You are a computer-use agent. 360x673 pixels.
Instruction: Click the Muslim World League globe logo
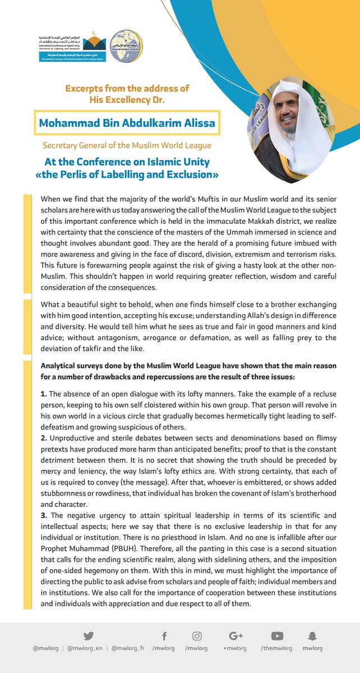126,47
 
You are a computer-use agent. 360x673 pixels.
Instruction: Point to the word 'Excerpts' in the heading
85,89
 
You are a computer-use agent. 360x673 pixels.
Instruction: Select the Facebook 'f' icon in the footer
165,635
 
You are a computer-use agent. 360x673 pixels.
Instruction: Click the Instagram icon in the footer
197,635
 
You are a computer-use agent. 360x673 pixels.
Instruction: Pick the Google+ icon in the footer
236,635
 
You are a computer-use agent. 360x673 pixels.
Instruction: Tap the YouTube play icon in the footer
276,635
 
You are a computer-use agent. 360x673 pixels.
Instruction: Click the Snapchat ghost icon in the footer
312,635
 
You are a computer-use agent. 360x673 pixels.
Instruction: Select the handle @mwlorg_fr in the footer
129,648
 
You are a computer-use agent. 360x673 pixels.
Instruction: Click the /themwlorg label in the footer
276,648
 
